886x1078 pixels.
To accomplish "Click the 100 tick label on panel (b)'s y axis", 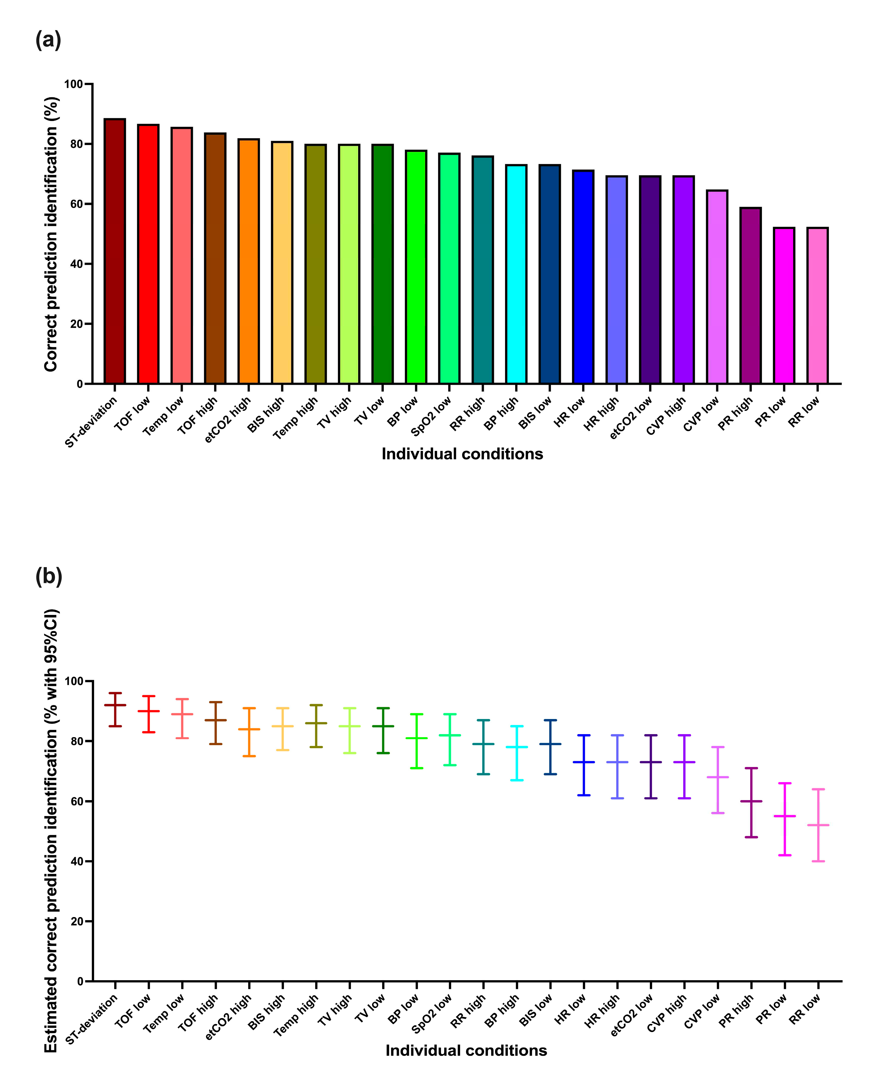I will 74,681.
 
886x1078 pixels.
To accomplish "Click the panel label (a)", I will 49,40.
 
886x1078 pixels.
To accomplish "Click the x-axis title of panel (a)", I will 462,454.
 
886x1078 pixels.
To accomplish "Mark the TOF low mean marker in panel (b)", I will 149,711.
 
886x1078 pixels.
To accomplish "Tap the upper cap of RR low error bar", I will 818,789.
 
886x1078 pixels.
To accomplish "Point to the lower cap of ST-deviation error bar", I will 115,726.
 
